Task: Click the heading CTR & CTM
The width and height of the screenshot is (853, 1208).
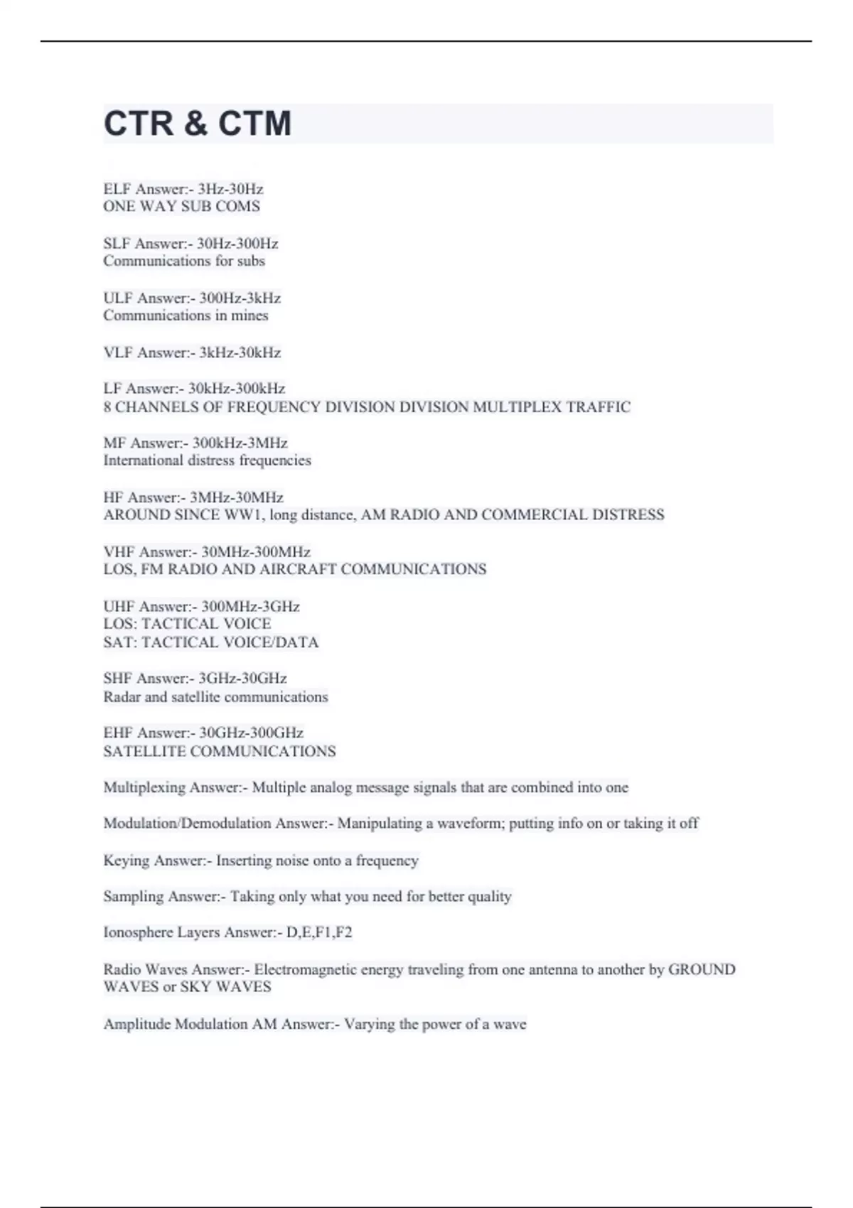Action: click(x=198, y=124)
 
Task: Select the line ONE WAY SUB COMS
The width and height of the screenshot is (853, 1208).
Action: click(x=181, y=207)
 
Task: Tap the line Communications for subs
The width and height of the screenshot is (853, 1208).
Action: click(x=183, y=261)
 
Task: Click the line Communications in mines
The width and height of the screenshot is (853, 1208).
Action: click(x=186, y=316)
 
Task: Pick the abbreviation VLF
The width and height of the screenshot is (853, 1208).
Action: click(x=118, y=352)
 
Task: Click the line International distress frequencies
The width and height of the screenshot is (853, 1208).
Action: click(x=207, y=460)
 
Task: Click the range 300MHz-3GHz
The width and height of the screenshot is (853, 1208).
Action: click(x=250, y=606)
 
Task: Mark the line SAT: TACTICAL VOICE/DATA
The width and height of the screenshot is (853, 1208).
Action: click(x=210, y=642)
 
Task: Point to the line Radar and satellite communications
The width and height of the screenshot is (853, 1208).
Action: click(x=215, y=697)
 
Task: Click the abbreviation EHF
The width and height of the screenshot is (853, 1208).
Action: click(x=118, y=733)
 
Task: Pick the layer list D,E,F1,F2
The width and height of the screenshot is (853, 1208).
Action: click(x=319, y=932)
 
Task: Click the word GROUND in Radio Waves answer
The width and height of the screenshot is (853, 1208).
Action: click(x=702, y=969)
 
